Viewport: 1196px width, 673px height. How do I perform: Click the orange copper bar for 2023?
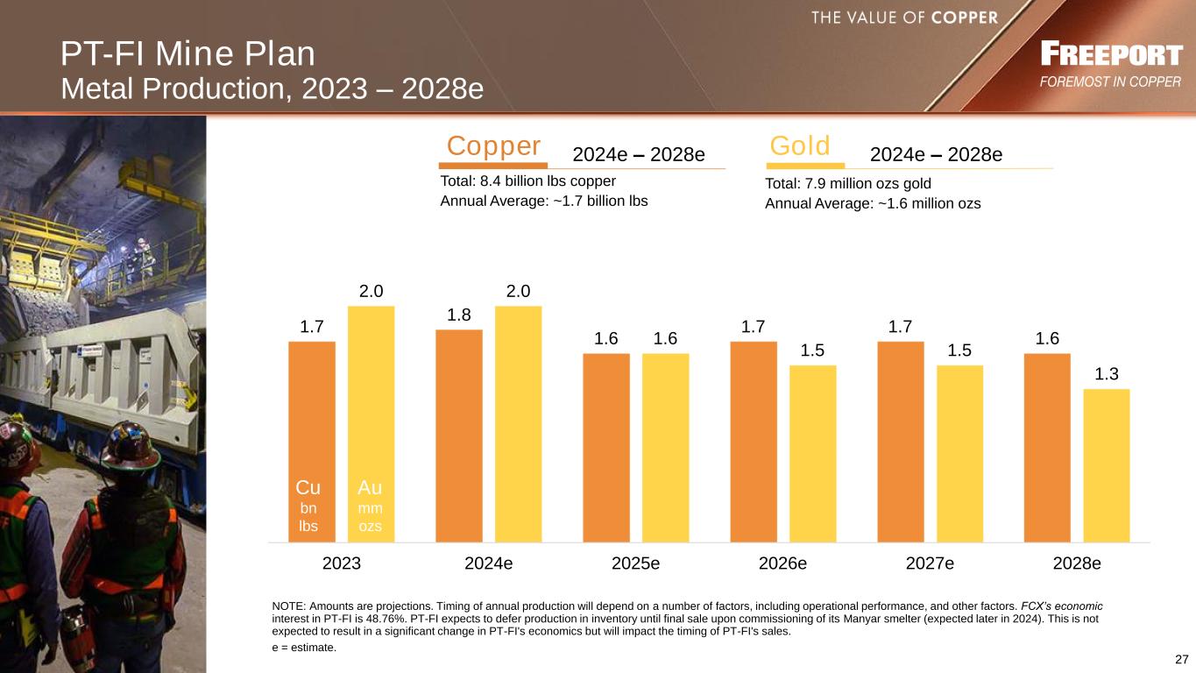click(311, 412)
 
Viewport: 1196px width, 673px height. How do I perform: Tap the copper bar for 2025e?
click(605, 447)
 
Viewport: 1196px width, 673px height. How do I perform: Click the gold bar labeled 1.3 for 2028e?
click(1106, 464)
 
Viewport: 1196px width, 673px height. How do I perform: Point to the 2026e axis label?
click(782, 563)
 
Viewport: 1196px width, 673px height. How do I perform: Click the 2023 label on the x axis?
click(342, 563)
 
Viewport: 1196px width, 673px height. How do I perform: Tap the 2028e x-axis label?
click(1077, 563)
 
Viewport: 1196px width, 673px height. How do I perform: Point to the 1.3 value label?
click(1106, 374)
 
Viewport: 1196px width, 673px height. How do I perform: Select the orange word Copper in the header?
click(493, 145)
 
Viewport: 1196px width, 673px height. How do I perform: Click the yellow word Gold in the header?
click(800, 145)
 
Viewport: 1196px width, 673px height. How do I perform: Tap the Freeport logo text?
click(1110, 55)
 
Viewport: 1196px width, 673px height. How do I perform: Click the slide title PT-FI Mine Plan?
click(188, 54)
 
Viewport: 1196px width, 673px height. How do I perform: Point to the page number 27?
click(1181, 659)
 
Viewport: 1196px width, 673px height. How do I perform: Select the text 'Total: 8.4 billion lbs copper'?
click(528, 181)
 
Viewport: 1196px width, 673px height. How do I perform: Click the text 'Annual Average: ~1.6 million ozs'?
click(873, 203)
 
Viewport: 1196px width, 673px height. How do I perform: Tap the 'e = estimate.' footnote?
click(304, 648)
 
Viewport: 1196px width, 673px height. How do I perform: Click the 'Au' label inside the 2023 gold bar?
click(371, 487)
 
